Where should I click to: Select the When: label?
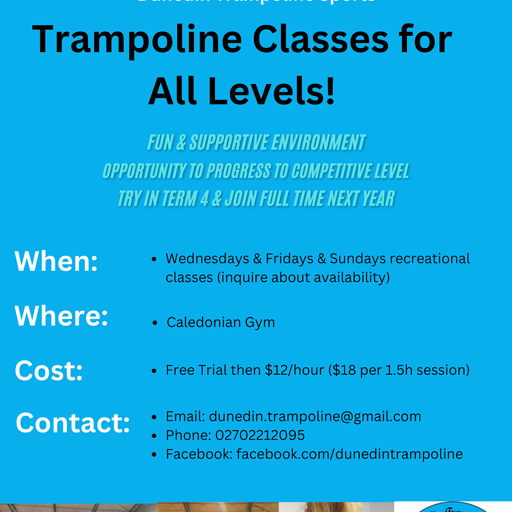click(56, 261)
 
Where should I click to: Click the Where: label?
click(61, 315)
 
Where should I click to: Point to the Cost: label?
click(49, 370)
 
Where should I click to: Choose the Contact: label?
click(73, 423)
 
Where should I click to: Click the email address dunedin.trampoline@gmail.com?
click(315, 417)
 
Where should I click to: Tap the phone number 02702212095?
click(260, 435)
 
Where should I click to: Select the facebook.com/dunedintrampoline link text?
click(349, 454)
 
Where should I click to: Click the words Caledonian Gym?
click(221, 323)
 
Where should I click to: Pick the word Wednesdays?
click(207, 259)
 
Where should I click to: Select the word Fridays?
click(289, 259)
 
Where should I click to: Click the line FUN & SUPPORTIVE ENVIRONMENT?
click(257, 143)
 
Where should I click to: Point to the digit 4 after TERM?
click(203, 198)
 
